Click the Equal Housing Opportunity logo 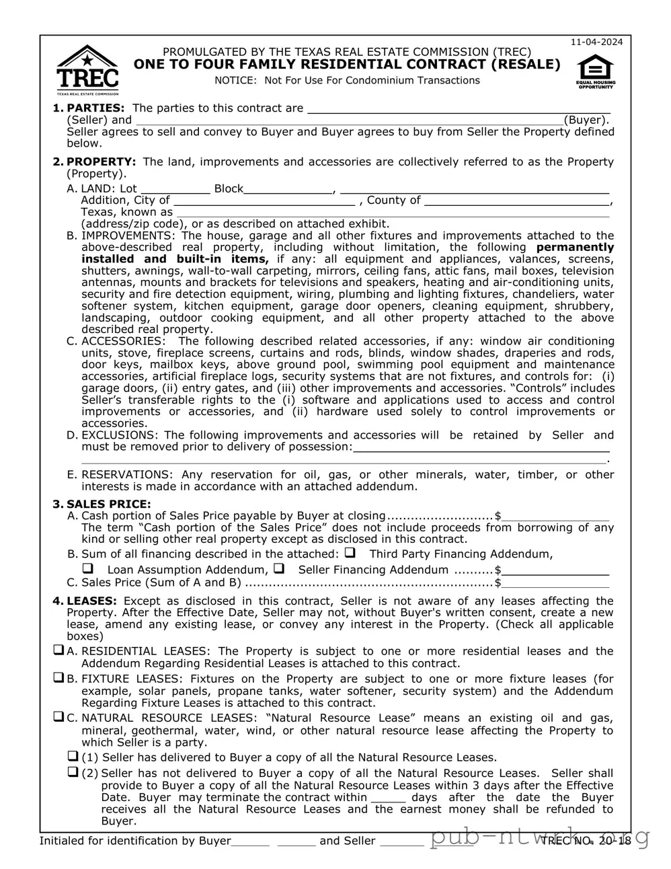(x=595, y=71)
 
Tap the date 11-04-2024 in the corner (x=596, y=42)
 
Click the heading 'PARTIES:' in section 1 (x=95, y=108)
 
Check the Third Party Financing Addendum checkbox (x=350, y=554)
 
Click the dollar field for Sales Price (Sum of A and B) (x=555, y=583)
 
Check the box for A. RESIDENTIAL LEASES (x=58, y=650)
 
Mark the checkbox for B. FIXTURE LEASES (x=58, y=678)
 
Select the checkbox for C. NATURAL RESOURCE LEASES (x=58, y=717)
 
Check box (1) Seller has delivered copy (x=73, y=756)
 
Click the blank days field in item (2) (x=388, y=798)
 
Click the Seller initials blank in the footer (x=401, y=841)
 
